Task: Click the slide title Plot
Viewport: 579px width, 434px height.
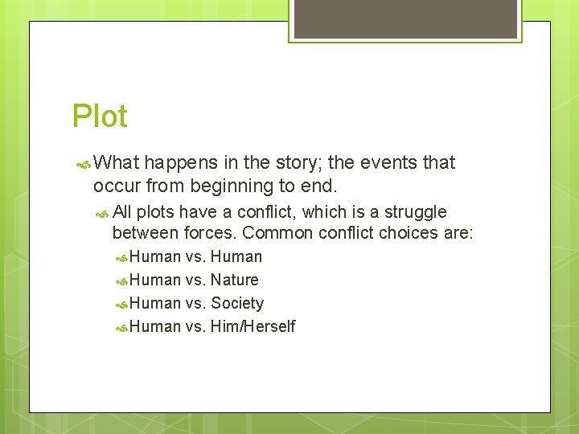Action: (x=100, y=117)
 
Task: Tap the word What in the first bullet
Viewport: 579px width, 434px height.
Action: (x=117, y=162)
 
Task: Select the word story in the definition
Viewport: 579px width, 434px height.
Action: (x=298, y=162)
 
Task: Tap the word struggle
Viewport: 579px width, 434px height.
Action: (x=416, y=212)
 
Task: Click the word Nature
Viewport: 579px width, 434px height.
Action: (x=234, y=280)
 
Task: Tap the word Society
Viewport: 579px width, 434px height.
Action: (x=237, y=304)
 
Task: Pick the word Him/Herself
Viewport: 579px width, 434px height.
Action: (x=253, y=326)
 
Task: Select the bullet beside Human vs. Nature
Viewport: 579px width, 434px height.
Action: (x=121, y=281)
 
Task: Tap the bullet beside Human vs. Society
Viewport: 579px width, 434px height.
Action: (x=121, y=305)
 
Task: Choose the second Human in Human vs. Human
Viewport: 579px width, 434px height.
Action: (x=236, y=257)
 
